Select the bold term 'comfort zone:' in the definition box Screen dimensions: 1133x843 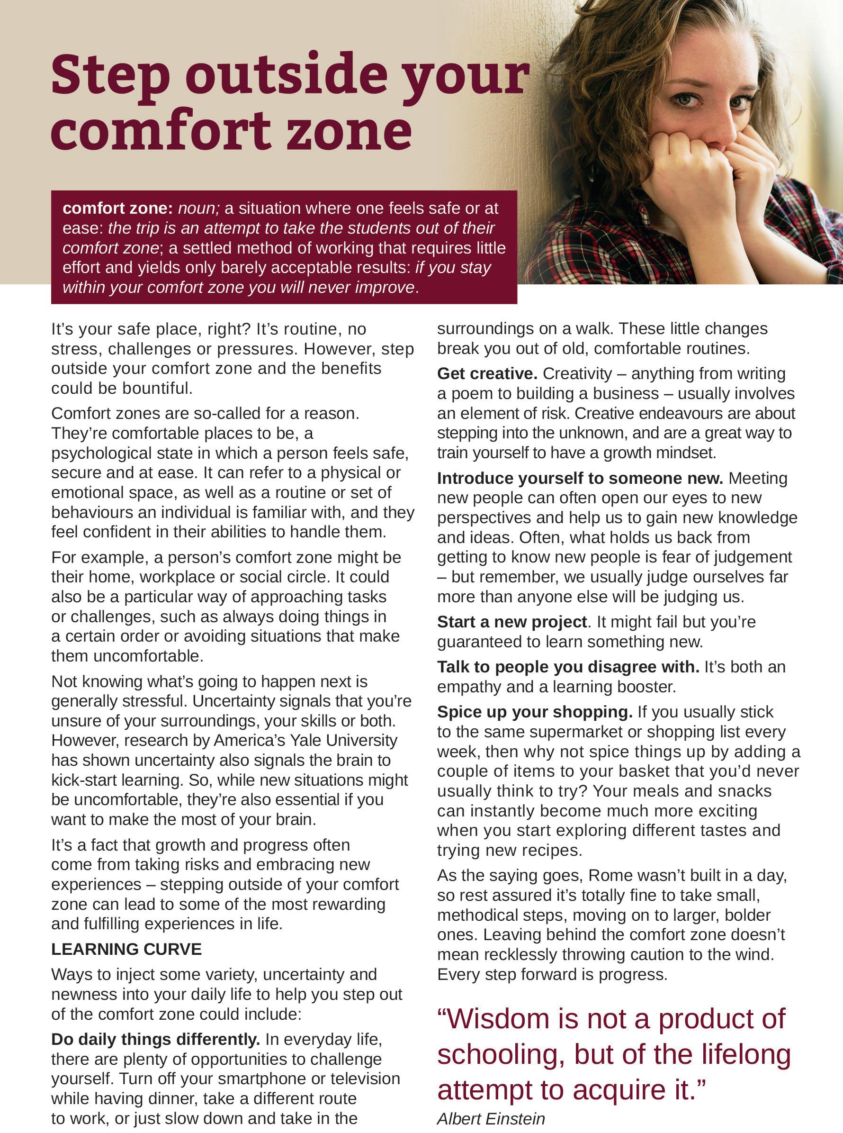coord(118,208)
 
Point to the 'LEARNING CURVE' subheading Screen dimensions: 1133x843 coord(126,949)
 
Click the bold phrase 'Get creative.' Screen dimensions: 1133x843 coord(487,374)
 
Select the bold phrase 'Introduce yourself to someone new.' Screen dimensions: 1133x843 coord(580,479)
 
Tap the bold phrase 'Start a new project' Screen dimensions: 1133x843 coord(512,622)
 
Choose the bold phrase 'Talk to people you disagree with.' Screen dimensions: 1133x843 coord(568,667)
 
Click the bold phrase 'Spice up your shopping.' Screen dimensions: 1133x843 coord(535,712)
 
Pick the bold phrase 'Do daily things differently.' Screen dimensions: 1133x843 coord(156,1039)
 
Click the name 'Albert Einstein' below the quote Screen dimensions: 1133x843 coord(491,1119)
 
